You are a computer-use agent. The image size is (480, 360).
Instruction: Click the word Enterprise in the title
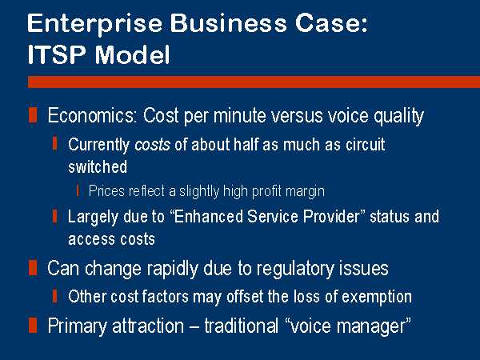(94, 24)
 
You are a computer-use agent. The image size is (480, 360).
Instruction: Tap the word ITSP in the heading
(56, 54)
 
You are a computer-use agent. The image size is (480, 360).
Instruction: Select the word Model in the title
(132, 54)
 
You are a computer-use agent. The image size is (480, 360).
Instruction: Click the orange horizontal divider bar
(254, 82)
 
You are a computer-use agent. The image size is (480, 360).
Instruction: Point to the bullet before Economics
(33, 115)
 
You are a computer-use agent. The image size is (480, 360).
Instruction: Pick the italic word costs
(152, 145)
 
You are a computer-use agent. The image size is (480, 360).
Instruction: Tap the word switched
(98, 167)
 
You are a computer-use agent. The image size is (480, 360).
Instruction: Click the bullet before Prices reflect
(78, 190)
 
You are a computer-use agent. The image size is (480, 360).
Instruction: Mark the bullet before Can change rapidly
(33, 268)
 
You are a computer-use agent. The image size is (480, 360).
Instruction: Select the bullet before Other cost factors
(54, 296)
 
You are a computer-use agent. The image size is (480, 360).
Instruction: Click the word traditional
(242, 326)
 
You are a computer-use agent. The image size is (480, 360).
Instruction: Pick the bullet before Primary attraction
(33, 325)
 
